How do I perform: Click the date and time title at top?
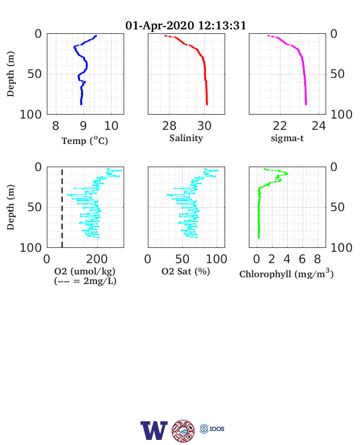pyautogui.click(x=186, y=25)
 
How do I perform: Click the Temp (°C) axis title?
pyautogui.click(x=85, y=141)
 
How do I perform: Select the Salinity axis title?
pyautogui.click(x=186, y=138)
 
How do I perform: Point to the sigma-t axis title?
pyautogui.click(x=287, y=138)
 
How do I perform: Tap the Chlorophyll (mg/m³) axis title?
pyautogui.click(x=286, y=273)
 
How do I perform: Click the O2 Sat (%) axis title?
pyautogui.click(x=186, y=271)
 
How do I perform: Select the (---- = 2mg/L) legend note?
pyautogui.click(x=85, y=281)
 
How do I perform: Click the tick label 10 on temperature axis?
pyautogui.click(x=111, y=126)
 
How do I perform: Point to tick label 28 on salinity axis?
pyautogui.click(x=169, y=126)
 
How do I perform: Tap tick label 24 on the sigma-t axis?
pyautogui.click(x=319, y=126)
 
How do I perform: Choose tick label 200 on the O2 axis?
pyautogui.click(x=97, y=259)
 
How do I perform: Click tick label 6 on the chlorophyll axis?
pyautogui.click(x=302, y=259)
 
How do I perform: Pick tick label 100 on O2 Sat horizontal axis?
pyautogui.click(x=217, y=259)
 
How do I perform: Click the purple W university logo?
pyautogui.click(x=154, y=430)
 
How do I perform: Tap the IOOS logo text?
pyautogui.click(x=217, y=429)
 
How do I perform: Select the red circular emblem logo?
pyautogui.click(x=183, y=431)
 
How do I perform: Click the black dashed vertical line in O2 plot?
pyautogui.click(x=62, y=208)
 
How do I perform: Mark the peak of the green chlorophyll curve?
pyautogui.click(x=287, y=173)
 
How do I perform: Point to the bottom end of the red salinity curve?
pyautogui.click(x=207, y=104)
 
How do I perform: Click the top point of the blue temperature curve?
pyautogui.click(x=96, y=36)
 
